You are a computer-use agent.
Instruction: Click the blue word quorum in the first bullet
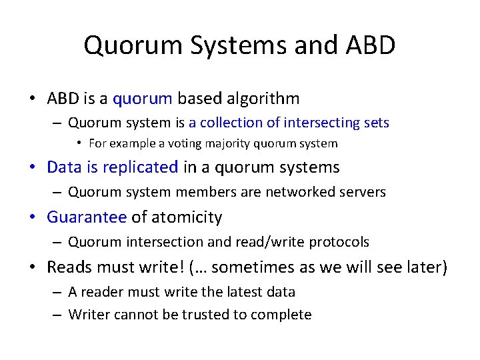(x=143, y=99)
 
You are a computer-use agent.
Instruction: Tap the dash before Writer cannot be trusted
(x=57, y=315)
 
